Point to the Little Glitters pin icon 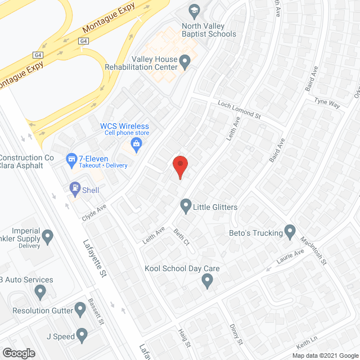click(x=185, y=206)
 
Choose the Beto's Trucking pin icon click(x=290, y=232)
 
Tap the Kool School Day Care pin click(x=208, y=280)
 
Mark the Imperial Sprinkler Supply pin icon click(x=48, y=236)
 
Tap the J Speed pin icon click(x=82, y=336)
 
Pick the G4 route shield click(x=84, y=40)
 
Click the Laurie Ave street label click(x=290, y=258)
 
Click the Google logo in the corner click(x=18, y=353)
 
